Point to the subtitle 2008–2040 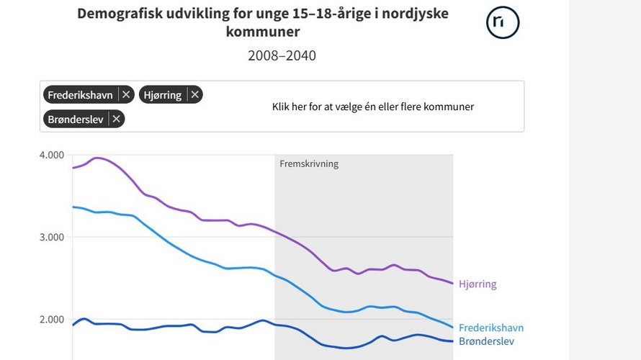pyautogui.click(x=282, y=55)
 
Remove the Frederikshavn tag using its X pyautogui.click(x=126, y=94)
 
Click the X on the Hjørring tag pyautogui.click(x=195, y=94)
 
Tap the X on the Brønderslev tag pyautogui.click(x=117, y=119)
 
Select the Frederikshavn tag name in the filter pyautogui.click(x=80, y=94)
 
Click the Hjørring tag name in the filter pyautogui.click(x=163, y=94)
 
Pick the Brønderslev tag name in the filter pyautogui.click(x=76, y=119)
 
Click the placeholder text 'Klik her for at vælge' pyautogui.click(x=372, y=107)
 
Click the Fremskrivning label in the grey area pyautogui.click(x=309, y=163)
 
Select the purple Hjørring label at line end pyautogui.click(x=478, y=284)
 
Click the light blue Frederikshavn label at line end pyautogui.click(x=491, y=328)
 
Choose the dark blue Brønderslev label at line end pyautogui.click(x=487, y=341)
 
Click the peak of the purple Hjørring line pyautogui.click(x=97, y=158)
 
